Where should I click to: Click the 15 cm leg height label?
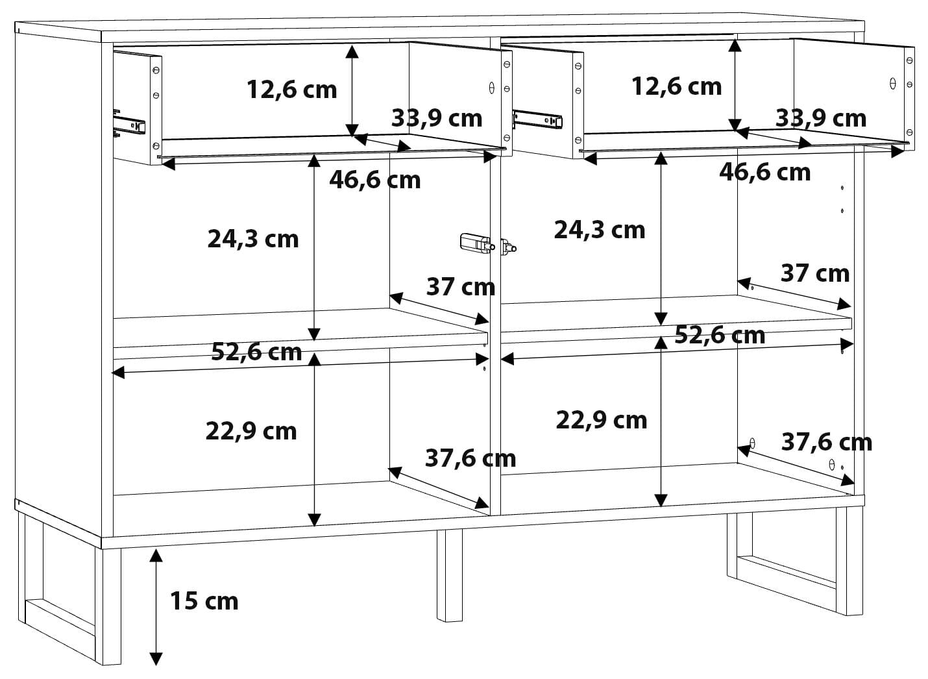[x=204, y=602]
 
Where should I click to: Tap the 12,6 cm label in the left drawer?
[x=292, y=90]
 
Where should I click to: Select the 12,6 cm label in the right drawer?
[x=676, y=87]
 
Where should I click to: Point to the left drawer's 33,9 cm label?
[x=437, y=119]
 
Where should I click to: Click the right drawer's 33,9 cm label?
[x=821, y=119]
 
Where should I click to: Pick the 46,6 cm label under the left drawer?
[x=375, y=180]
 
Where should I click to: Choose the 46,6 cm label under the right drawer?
[x=765, y=173]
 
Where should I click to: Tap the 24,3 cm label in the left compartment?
[x=252, y=240]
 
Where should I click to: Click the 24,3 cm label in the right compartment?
[x=600, y=230]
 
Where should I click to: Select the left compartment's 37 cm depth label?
[x=461, y=288]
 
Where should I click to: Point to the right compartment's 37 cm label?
[x=815, y=274]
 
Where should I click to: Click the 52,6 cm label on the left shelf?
[x=256, y=352]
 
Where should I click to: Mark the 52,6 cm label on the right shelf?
[x=720, y=336]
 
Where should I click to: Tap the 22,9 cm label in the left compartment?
[x=251, y=432]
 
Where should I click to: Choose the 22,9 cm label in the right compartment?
[x=601, y=421]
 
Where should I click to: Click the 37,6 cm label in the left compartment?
[x=470, y=459]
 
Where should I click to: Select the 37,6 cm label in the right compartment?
[x=827, y=442]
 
